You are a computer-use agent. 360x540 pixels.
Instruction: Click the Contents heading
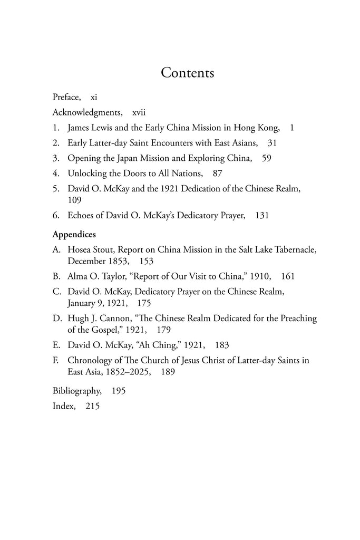[187, 73]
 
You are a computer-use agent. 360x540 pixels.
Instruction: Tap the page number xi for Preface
[94, 97]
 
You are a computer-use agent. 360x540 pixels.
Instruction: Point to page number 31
[272, 142]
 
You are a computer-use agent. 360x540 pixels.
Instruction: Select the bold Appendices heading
[74, 234]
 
